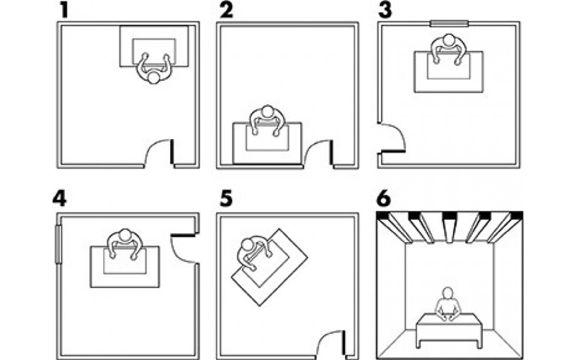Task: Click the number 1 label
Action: click(x=64, y=10)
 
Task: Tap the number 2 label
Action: click(x=226, y=10)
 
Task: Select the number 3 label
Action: click(x=384, y=10)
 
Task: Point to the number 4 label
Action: click(x=60, y=199)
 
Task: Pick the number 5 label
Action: click(x=226, y=199)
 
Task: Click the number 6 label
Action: click(x=384, y=199)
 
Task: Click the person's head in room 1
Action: click(x=153, y=78)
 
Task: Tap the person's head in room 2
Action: click(x=268, y=112)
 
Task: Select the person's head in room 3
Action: click(x=449, y=40)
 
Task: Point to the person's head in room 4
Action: click(x=125, y=235)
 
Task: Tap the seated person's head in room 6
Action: click(x=447, y=293)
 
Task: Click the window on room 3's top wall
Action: click(x=449, y=24)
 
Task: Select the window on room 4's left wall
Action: click(x=58, y=244)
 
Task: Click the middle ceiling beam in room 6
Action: click(x=449, y=228)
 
